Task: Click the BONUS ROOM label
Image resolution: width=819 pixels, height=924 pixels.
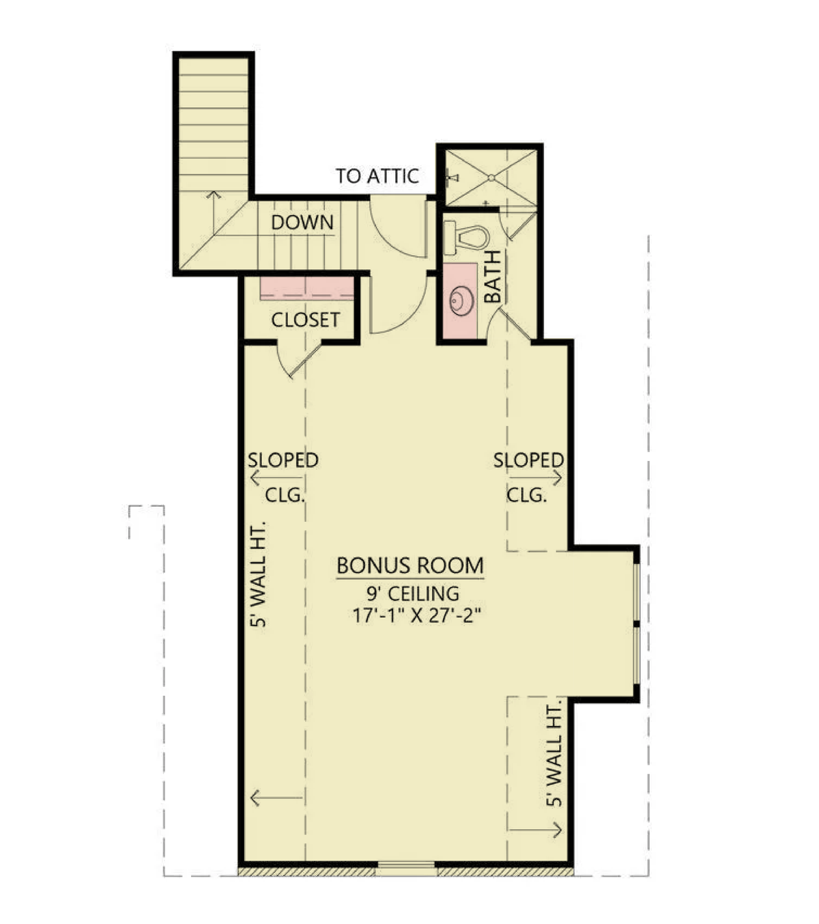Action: tap(409, 565)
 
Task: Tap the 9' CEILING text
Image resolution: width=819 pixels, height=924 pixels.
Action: tap(413, 593)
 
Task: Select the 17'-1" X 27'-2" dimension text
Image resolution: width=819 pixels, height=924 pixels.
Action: tap(417, 616)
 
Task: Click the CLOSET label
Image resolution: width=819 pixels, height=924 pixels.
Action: tap(305, 320)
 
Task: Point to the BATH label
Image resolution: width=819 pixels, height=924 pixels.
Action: tap(492, 277)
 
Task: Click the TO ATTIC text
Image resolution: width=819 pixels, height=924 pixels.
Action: tap(377, 176)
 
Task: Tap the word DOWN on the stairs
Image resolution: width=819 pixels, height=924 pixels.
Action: tap(302, 223)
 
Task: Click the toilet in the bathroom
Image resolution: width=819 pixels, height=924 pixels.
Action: tap(466, 238)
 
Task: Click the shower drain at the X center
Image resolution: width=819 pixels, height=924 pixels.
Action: tap(491, 178)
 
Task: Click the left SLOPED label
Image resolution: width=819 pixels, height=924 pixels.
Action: tap(283, 460)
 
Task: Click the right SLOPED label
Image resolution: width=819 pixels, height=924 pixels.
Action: tap(529, 460)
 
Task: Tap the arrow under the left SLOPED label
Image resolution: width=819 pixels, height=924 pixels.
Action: tap(276, 479)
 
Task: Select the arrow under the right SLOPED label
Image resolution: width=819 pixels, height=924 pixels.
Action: tap(536, 477)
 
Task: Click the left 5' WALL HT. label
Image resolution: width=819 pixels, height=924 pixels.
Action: tap(258, 574)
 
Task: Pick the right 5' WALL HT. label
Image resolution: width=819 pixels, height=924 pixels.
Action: tap(554, 756)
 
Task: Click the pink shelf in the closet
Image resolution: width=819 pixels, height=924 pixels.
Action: tap(306, 288)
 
